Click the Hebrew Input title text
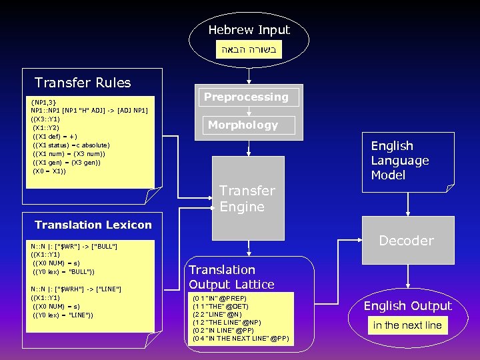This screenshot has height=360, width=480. pos(249,30)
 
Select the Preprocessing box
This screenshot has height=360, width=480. pos(246,97)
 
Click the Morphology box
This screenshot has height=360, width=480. pos(243,125)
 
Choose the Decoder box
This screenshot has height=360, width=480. pos(406,241)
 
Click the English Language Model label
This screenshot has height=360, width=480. pos(399,161)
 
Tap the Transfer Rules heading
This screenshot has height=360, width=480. pos(83,83)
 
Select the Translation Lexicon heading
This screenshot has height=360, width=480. pos(93,225)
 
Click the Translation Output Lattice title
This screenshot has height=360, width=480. pos(231,277)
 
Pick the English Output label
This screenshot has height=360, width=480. pos(407,306)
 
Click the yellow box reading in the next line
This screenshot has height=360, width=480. pos(407,325)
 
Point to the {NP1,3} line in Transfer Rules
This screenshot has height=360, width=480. pos(44,102)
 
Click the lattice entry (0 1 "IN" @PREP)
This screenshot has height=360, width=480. pos(219,298)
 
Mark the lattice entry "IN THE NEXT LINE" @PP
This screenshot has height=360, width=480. pos(241,339)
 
